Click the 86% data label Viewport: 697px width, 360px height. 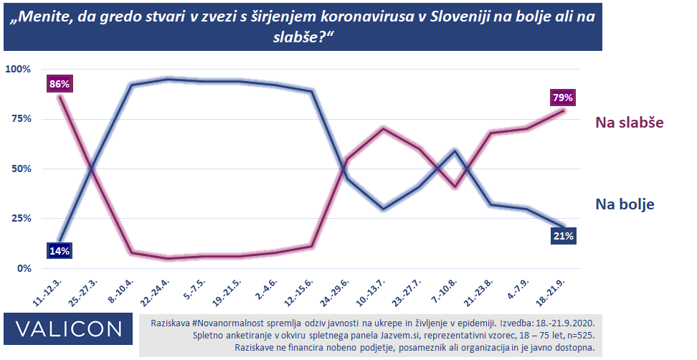tap(60, 85)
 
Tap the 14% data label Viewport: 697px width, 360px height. tap(60, 251)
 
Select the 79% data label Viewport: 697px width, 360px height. tap(562, 98)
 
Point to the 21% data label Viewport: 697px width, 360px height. tap(563, 237)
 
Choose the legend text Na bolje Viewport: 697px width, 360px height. tap(625, 204)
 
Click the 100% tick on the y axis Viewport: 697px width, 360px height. tap(19, 69)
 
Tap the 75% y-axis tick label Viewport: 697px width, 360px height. tap(22, 119)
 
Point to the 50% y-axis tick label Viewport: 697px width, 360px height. tap(22, 169)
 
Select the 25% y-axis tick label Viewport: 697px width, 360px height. tap(22, 218)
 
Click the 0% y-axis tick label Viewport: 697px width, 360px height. tap(24, 268)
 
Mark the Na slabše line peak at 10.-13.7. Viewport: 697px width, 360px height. tap(383, 128)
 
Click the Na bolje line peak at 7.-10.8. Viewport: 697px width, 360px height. tap(455, 151)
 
